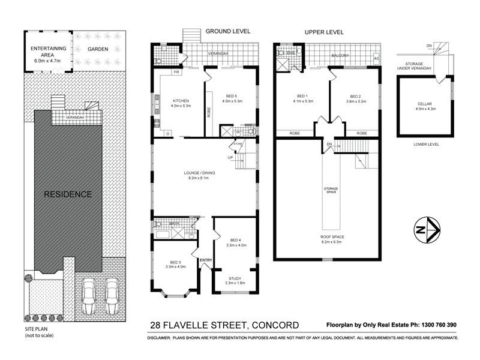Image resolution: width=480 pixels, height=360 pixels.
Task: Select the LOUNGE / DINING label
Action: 199,173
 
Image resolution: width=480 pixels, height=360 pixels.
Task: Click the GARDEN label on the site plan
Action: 97,49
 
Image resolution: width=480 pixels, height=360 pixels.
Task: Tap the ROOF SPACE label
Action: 328,236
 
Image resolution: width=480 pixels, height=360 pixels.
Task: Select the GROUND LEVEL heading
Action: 228,31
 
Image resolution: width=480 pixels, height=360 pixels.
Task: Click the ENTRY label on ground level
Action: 206,260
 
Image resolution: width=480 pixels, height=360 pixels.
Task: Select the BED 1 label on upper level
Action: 302,96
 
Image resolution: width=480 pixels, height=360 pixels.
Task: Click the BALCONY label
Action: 341,56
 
